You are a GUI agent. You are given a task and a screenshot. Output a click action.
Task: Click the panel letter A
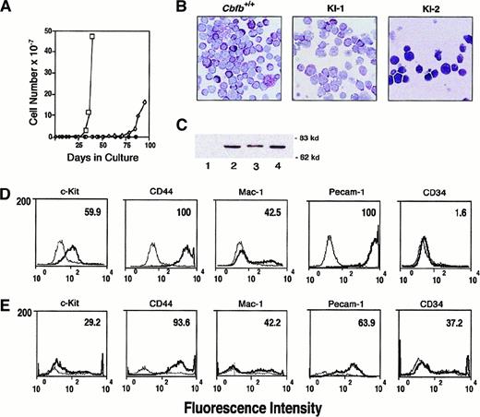8,8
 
